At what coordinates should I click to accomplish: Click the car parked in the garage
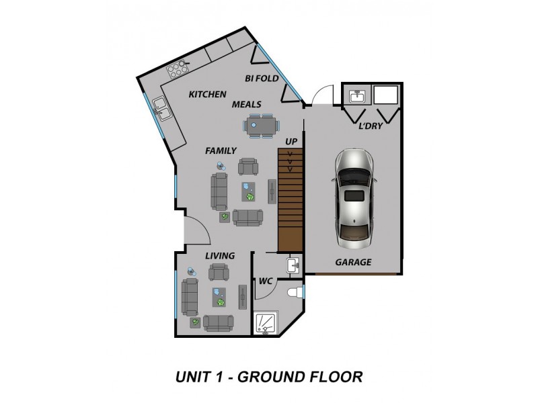354,197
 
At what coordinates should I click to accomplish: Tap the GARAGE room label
353,262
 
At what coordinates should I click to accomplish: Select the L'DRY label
371,125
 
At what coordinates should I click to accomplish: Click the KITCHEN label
207,94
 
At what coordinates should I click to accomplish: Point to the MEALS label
247,104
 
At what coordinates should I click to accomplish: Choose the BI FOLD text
262,79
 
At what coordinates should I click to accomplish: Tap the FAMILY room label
221,151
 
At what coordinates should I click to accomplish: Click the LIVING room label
219,255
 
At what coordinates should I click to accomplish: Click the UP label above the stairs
291,141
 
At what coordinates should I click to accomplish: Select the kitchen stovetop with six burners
177,69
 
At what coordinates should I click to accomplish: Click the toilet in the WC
293,292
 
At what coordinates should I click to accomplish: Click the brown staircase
291,201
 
